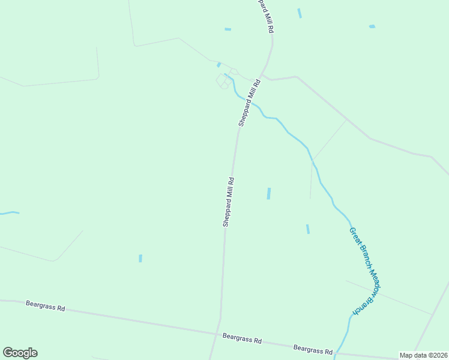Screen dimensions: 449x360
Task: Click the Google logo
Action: [x=20, y=353]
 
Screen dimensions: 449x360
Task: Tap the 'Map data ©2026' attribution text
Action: [x=423, y=355]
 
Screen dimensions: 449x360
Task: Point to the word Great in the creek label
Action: [x=354, y=235]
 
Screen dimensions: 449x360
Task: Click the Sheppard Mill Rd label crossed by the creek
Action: [x=249, y=103]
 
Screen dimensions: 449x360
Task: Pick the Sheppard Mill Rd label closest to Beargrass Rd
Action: [x=228, y=202]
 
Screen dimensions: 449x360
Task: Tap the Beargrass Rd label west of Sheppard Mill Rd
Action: [x=45, y=305]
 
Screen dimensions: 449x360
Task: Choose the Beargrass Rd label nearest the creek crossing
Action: [x=313, y=349]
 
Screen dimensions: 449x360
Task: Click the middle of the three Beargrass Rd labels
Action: [x=242, y=339]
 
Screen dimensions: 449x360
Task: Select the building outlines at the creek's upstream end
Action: [x=224, y=80]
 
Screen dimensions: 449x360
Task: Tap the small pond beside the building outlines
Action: [x=219, y=64]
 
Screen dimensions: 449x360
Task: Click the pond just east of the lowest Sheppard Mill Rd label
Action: [x=269, y=193]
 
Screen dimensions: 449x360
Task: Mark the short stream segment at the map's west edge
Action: [x=10, y=212]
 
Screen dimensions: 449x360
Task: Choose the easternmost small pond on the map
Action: [x=372, y=26]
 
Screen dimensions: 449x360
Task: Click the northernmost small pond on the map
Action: [x=300, y=13]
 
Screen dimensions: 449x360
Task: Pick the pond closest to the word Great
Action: [x=308, y=229]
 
